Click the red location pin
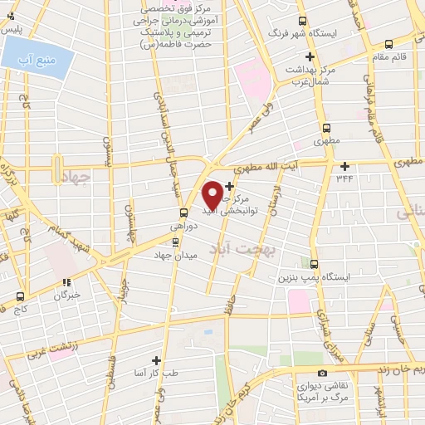[212, 194]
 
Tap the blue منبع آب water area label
[37, 58]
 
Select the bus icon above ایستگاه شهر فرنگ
[302, 22]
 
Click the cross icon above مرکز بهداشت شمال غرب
[310, 57]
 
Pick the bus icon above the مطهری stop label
[326, 128]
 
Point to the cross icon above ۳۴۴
[344, 165]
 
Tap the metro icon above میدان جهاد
[174, 242]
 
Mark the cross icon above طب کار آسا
[156, 360]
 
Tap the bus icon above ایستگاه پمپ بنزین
[314, 262]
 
